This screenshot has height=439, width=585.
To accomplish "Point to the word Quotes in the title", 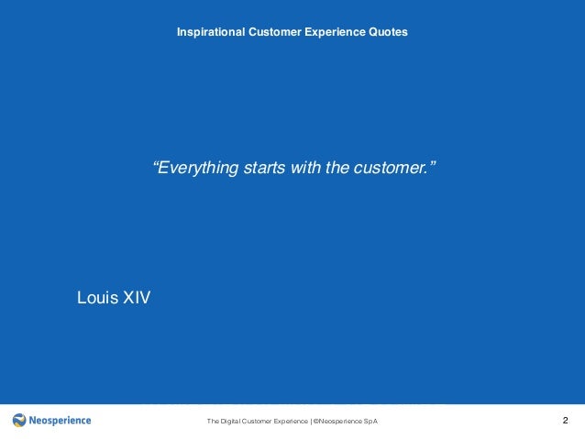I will (388, 32).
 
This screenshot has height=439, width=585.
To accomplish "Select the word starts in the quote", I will (263, 169).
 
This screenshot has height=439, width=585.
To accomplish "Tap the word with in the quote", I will (304, 169).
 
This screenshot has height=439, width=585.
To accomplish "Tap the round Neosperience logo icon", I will (20, 421).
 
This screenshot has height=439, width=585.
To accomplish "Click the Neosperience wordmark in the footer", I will (61, 421).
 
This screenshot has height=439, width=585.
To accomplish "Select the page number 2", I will (565, 421).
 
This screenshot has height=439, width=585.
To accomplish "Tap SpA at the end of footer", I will (370, 422).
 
